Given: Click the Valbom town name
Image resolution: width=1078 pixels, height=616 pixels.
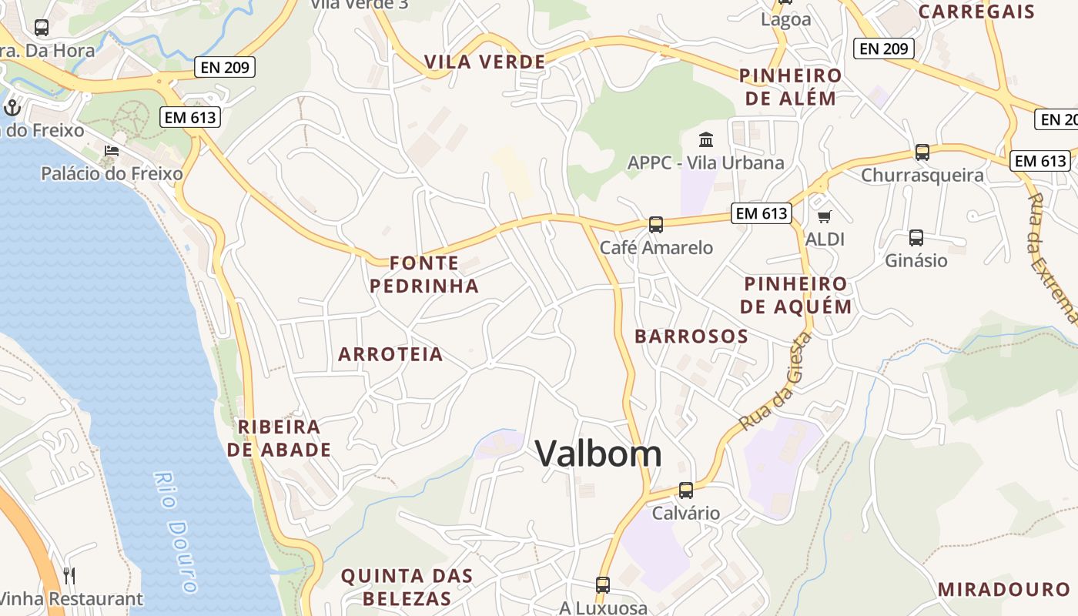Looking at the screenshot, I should (x=598, y=454).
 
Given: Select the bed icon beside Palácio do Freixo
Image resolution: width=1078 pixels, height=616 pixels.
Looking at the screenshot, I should (x=112, y=151).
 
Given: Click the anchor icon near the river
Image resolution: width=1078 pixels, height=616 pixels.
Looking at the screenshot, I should (x=11, y=107).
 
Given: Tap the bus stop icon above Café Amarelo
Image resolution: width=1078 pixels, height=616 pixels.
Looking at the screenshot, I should (x=655, y=225).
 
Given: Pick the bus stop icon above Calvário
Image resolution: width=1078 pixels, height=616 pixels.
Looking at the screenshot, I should (x=685, y=490).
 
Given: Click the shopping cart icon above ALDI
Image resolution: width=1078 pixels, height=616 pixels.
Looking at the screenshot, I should (x=825, y=216).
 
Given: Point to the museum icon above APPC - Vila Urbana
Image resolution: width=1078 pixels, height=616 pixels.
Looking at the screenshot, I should (x=705, y=139).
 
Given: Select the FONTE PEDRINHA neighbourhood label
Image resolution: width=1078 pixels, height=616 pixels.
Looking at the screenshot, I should (x=424, y=275).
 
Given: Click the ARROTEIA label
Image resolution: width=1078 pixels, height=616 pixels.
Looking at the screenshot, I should (x=390, y=354).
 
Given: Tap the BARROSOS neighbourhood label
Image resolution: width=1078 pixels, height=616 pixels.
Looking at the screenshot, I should (x=691, y=336).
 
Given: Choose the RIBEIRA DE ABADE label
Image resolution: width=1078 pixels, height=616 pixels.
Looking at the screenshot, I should (x=279, y=438).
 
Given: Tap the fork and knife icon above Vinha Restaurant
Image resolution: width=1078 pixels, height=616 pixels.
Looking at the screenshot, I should (x=69, y=575).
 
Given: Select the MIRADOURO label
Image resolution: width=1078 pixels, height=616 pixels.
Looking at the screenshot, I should (x=1003, y=590).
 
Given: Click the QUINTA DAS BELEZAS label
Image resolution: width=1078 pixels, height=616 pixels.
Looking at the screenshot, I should (x=407, y=587).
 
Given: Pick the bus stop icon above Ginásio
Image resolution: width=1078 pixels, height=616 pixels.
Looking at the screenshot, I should (x=916, y=238).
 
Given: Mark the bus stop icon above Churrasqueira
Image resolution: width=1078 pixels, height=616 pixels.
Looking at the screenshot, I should (x=922, y=152).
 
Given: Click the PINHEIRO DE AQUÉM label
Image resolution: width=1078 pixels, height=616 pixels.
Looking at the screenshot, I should (x=795, y=295).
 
